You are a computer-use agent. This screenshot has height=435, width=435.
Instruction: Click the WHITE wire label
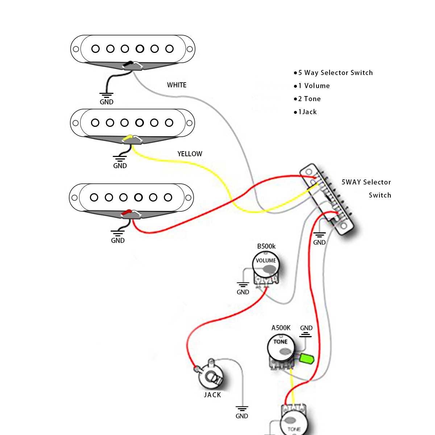click(177, 85)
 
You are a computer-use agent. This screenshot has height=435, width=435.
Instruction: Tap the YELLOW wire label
click(190, 154)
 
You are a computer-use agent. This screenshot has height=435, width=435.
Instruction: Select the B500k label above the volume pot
click(266, 246)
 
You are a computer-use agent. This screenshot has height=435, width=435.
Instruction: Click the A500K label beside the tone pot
click(281, 328)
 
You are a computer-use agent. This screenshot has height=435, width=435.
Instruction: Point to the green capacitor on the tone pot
click(306, 359)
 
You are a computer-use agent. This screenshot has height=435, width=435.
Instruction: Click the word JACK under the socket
click(212, 395)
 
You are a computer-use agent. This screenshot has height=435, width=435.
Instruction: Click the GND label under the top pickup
click(107, 102)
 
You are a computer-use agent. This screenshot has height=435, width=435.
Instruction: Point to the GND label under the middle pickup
click(120, 166)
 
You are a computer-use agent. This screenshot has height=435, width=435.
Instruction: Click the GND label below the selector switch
click(319, 243)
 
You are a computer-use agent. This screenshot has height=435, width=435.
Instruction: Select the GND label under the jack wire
click(242, 416)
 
